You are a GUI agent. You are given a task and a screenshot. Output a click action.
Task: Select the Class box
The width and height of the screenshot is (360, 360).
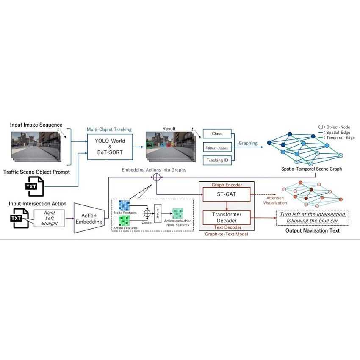point(217,134)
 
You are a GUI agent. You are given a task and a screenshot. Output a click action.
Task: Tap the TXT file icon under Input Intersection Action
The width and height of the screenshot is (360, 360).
point(19,218)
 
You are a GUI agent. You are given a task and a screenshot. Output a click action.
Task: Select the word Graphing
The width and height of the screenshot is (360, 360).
point(248,143)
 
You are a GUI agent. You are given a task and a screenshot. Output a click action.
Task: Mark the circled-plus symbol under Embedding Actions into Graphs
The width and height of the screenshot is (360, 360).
point(157,177)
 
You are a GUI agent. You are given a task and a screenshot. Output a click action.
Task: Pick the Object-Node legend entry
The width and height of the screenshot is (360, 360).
point(334,127)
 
